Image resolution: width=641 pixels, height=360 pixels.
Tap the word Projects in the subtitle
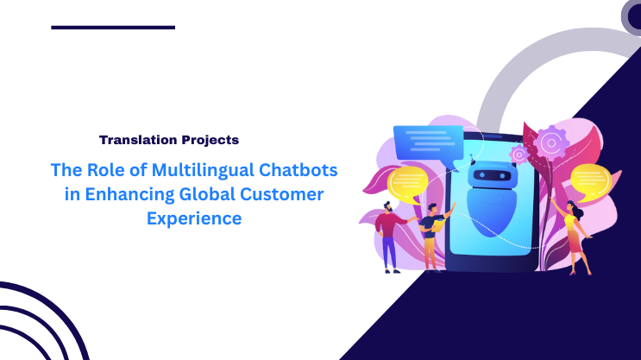tap(207, 139)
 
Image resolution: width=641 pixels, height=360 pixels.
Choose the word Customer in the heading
tap(284, 193)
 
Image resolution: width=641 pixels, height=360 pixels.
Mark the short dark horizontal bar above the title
tap(113, 28)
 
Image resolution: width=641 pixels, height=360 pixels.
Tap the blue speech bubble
tap(422, 143)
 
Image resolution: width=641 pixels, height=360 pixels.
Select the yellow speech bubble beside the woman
tap(588, 180)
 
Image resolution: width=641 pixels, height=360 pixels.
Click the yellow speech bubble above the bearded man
tap(405, 184)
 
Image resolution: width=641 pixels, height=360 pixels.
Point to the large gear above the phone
tap(549, 141)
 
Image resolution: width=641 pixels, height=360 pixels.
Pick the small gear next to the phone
tap(518, 155)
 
